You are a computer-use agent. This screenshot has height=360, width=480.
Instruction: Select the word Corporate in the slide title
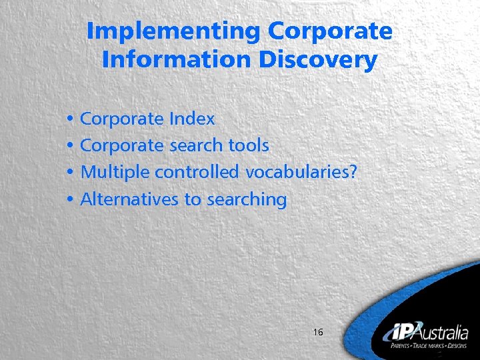point(330,31)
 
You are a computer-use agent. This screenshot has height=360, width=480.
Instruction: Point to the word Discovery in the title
point(318,60)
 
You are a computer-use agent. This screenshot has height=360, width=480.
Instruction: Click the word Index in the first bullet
point(192,119)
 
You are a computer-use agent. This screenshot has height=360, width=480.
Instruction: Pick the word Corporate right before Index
point(122,119)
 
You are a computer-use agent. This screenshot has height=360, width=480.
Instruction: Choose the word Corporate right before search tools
point(122,145)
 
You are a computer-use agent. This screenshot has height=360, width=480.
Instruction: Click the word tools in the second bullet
point(249,145)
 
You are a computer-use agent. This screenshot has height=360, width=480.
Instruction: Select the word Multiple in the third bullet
point(115,172)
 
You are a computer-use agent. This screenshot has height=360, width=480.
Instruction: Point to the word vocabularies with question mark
point(301,172)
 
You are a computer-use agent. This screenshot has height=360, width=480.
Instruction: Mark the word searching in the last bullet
point(246,199)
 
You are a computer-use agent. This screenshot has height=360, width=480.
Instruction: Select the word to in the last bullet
point(192,199)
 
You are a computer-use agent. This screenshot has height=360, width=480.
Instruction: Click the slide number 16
point(317,331)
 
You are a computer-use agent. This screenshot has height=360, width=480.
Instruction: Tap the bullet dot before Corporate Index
point(70,120)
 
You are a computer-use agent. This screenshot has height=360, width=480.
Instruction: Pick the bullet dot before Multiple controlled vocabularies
point(70,173)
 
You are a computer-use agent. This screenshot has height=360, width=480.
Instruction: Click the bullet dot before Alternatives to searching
point(70,199)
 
